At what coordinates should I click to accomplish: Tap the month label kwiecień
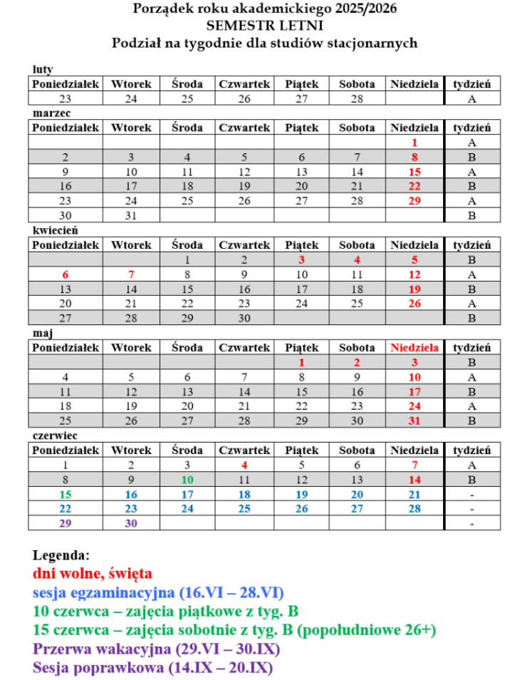(55, 230)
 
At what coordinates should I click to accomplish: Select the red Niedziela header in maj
(415, 348)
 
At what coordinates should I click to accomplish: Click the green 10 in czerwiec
(187, 480)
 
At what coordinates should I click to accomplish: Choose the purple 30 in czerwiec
(131, 522)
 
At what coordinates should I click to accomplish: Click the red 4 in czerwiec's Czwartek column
(244, 465)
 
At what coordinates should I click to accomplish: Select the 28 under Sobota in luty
(357, 99)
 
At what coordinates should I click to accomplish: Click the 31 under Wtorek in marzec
(131, 215)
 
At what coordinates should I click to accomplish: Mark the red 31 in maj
(415, 421)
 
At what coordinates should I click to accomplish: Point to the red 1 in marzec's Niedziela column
(415, 143)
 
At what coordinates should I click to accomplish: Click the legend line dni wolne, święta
(93, 572)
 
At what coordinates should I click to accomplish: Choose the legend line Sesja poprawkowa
(152, 668)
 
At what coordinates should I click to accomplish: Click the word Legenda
(61, 554)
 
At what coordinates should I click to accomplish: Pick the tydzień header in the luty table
(472, 84)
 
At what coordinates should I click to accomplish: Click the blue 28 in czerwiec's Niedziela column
(415, 508)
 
